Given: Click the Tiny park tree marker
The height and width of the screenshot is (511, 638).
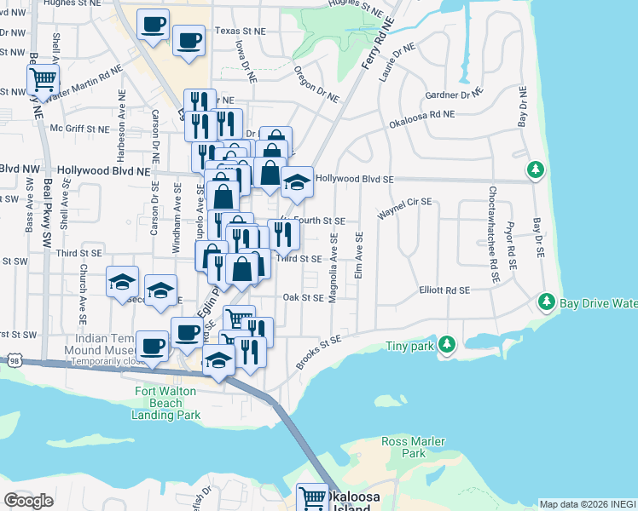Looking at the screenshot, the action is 446,344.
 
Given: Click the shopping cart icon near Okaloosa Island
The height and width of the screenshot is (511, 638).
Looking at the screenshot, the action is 312,498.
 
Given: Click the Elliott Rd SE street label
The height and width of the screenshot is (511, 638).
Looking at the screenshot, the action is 444,290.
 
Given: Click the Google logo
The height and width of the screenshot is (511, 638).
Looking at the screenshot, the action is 28,500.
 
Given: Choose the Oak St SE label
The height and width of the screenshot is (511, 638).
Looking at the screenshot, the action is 303,298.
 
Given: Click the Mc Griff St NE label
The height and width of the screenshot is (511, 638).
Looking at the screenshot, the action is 80,129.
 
